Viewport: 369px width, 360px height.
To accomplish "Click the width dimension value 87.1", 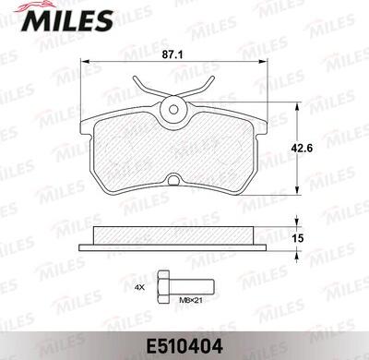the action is point(173,54).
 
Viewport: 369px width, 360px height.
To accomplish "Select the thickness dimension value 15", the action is point(298,238).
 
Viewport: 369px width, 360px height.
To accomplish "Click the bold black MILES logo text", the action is point(67,20).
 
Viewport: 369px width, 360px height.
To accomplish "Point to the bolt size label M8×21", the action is point(191,300).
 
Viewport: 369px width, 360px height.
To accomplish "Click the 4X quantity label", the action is point(139,288).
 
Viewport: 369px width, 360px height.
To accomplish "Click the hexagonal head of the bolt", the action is point(162,287).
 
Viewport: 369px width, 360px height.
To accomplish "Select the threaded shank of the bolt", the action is point(190,287).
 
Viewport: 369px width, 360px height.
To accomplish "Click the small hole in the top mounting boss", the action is point(173,109).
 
